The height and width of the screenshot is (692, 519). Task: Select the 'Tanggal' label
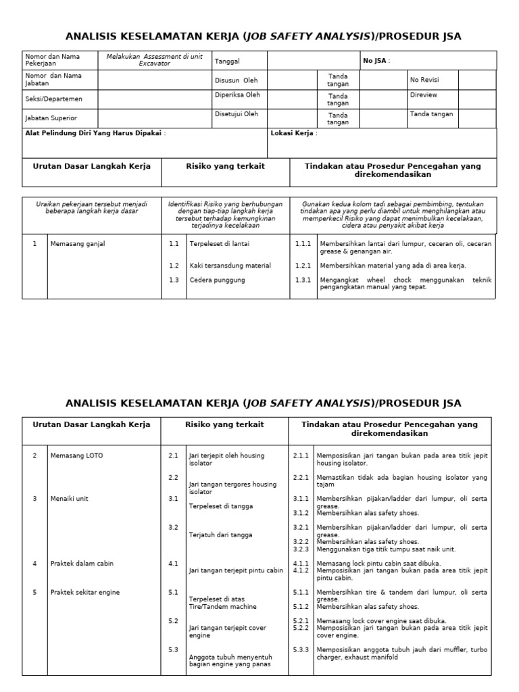[x=226, y=61]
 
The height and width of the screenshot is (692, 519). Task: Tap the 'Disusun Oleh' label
[x=236, y=80]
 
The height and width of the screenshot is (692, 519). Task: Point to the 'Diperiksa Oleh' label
[x=237, y=95]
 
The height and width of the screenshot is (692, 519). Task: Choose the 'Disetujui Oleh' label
[x=237, y=114]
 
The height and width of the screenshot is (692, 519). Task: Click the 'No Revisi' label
[x=424, y=80]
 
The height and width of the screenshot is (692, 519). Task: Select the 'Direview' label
[x=423, y=95]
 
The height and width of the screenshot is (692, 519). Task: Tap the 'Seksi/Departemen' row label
[x=53, y=99]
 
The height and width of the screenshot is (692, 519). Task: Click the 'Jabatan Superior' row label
[x=51, y=118]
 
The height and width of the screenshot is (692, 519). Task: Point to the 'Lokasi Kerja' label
[x=293, y=133]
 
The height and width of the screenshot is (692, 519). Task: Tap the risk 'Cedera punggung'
[x=217, y=280]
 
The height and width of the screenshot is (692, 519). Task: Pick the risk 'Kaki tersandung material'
[x=230, y=266]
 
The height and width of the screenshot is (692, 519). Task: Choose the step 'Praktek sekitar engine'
[x=85, y=592]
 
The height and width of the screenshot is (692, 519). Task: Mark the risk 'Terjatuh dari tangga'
[x=220, y=535]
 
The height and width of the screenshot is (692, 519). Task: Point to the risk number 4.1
[x=173, y=563]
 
